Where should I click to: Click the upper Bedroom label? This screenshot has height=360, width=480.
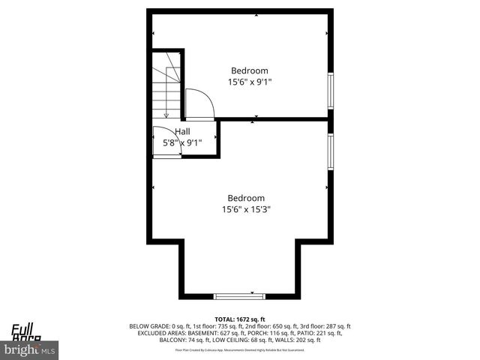coord(249,70)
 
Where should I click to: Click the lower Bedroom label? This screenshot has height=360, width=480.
coord(245,199)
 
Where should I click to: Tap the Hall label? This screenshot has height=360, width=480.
coord(182,131)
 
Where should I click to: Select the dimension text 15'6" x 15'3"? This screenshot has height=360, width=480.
coord(245,210)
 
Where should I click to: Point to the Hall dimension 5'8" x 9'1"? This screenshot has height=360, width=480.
coord(177,142)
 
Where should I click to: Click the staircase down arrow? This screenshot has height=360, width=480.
coord(166,114)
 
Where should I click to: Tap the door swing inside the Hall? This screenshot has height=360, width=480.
coord(166,142)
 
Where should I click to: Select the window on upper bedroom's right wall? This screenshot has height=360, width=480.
coord(330,91)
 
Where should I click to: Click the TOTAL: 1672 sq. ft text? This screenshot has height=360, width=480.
coord(240,319)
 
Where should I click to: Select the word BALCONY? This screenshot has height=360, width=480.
coord(172,340)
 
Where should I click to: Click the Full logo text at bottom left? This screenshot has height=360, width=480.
coord(20,328)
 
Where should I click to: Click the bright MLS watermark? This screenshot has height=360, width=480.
coord(30,350)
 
